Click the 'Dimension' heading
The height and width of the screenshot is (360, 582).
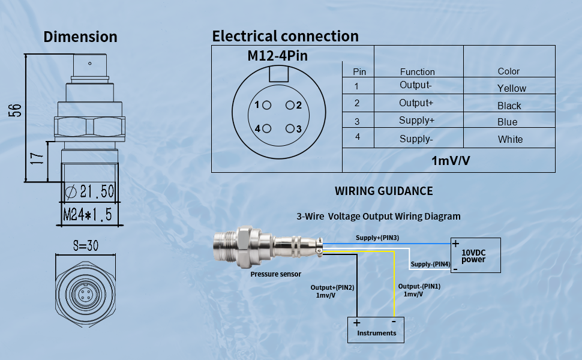tap(80, 37)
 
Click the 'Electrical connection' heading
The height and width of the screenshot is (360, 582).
tap(285, 36)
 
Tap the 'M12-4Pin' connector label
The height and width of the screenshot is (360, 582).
tap(277, 56)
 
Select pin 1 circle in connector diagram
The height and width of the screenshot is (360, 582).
tap(267, 105)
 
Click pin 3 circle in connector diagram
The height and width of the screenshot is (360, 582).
tap(290, 128)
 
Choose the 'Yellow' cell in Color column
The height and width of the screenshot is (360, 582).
tap(511, 88)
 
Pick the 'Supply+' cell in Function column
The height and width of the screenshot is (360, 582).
tap(416, 121)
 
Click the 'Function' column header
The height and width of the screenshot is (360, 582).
tap(417, 71)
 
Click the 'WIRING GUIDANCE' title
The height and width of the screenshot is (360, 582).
tap(383, 191)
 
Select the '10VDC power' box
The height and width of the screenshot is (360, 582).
tap(475, 256)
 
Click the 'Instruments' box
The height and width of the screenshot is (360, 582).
tap(376, 329)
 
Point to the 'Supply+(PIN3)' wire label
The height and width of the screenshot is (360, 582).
tap(377, 238)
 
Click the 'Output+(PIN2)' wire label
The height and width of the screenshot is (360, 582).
tap(332, 287)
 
